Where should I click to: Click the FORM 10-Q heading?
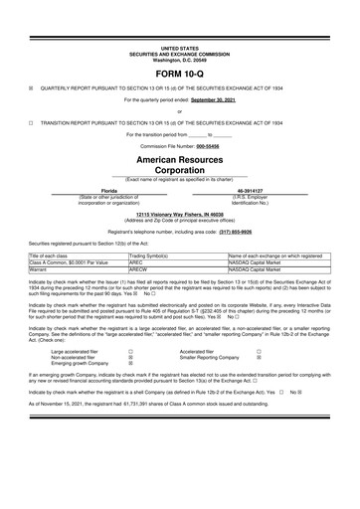(x=180, y=74)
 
